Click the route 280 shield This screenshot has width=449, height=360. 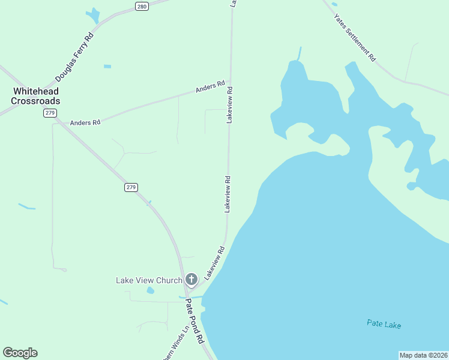point(141,7)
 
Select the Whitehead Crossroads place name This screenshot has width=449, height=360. point(37,96)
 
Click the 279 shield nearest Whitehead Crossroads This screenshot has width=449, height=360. point(50,113)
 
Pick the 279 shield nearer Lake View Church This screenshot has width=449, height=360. point(131,187)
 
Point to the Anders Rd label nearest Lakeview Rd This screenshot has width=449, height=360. point(210,87)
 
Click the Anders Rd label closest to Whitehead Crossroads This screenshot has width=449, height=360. point(85,122)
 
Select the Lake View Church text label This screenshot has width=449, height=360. point(148,280)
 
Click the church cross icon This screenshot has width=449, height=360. point(191,279)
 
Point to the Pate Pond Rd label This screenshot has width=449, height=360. point(194,321)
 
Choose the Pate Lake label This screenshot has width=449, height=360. point(384,325)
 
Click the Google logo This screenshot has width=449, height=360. point(20,353)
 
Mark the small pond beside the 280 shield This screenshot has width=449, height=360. point(93,15)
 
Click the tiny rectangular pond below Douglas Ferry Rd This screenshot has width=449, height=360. point(107,66)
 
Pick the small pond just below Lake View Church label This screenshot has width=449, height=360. point(151,290)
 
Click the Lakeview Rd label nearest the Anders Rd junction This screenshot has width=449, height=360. point(229,105)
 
